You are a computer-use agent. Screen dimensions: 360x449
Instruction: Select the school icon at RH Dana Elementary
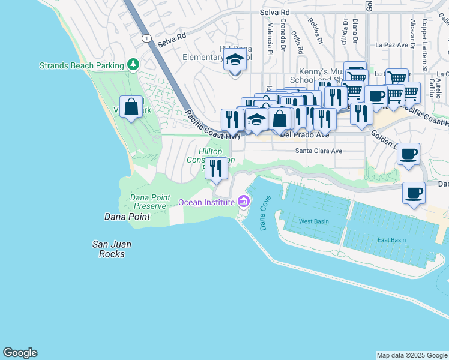(x=235, y=61)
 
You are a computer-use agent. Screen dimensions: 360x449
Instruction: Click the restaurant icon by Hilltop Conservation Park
(x=215, y=168)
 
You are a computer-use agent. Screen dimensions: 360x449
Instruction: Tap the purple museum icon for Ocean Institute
(x=243, y=202)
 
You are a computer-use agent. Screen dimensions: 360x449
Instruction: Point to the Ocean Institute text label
(x=206, y=202)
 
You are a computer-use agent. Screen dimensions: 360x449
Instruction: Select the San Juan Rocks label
(x=112, y=249)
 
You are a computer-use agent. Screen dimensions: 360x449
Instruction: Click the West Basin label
(x=314, y=221)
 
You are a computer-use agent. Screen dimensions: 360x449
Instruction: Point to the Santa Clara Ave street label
(x=318, y=151)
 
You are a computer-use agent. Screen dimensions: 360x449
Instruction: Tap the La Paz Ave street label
(x=391, y=44)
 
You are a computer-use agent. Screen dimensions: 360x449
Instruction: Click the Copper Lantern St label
(x=424, y=36)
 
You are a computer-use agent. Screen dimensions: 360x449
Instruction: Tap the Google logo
(x=20, y=353)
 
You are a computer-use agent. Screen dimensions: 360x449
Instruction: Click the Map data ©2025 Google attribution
(x=412, y=355)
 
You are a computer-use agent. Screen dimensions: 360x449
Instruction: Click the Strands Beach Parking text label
(x=82, y=65)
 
